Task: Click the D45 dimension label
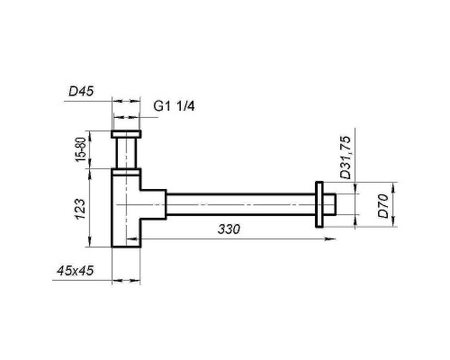pos(83,90)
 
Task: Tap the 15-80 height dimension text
pos(80,148)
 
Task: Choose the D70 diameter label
pos(382,206)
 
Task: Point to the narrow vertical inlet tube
pos(125,153)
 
